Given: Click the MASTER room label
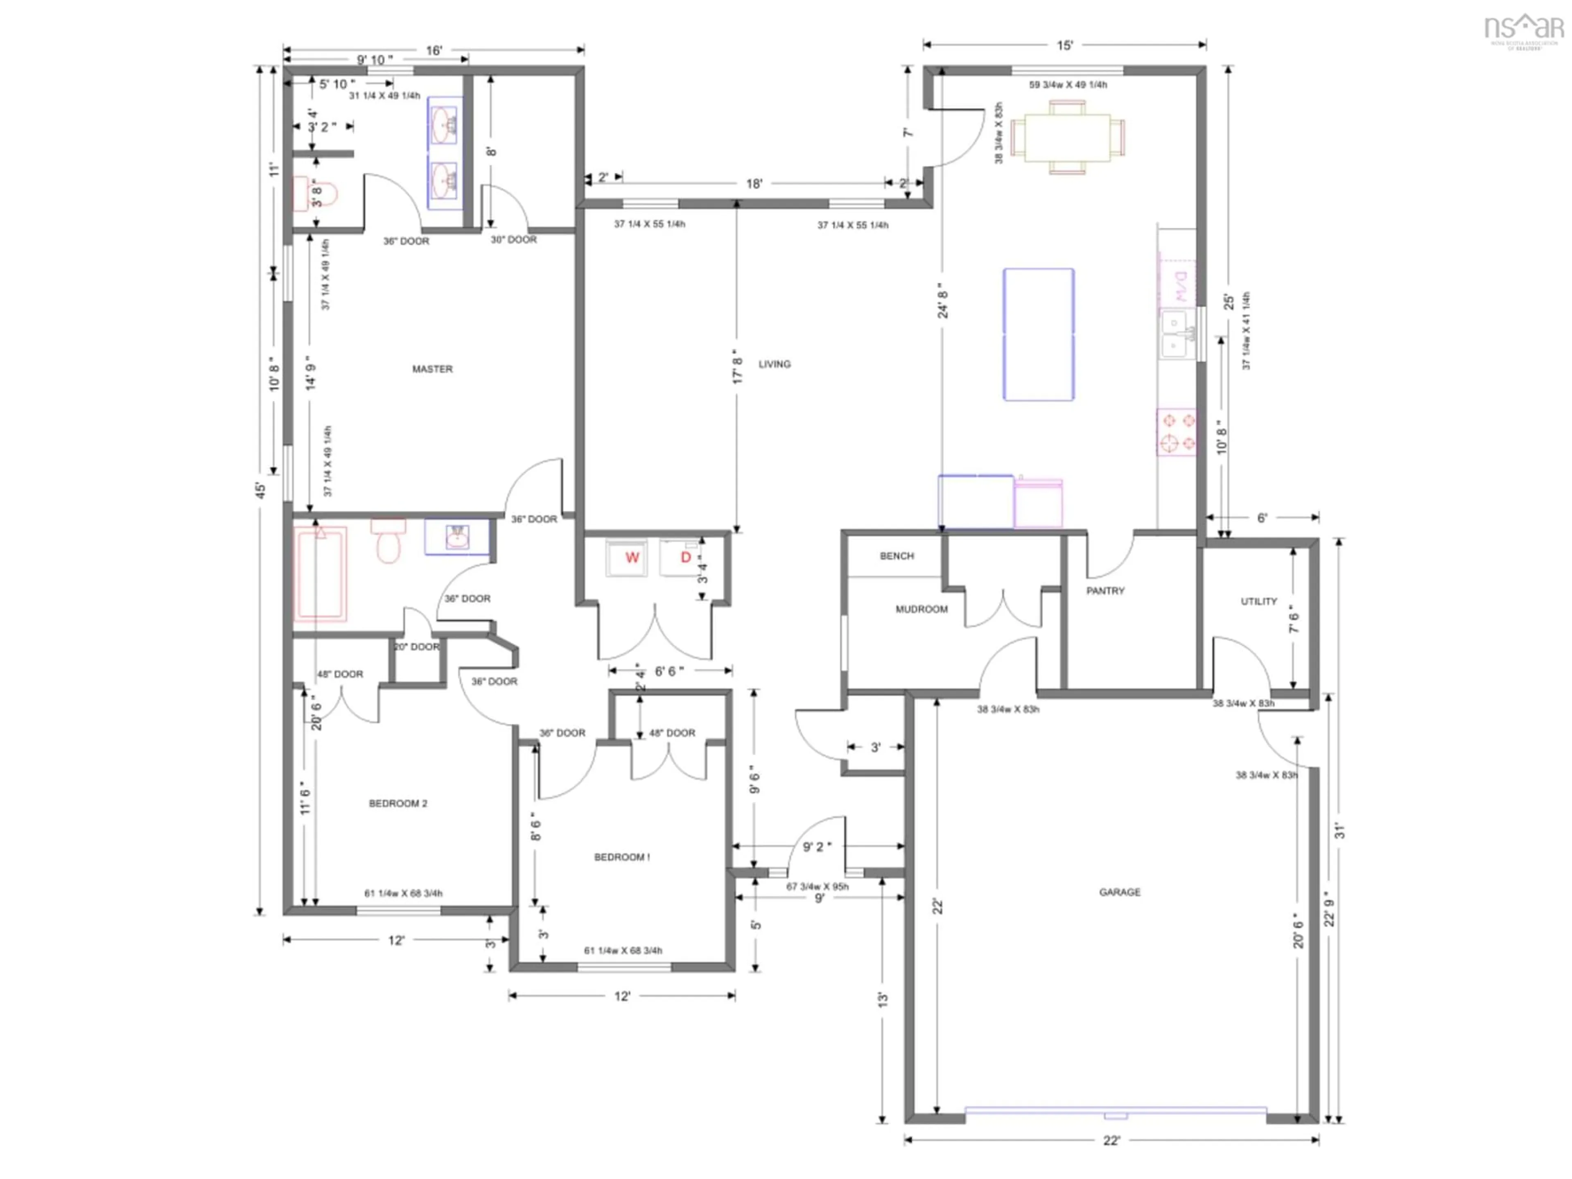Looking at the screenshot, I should click(x=432, y=369).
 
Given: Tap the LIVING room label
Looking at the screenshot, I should click(x=774, y=364).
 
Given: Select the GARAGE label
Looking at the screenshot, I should click(x=1119, y=892).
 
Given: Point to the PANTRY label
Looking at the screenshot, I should click(x=1105, y=591).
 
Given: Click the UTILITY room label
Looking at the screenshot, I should click(x=1258, y=601).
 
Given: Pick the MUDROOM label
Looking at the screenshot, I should click(x=921, y=609).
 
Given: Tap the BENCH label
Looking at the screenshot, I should click(x=897, y=556).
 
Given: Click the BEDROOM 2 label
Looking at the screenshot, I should click(x=398, y=803).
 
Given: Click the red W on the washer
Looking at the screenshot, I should click(x=632, y=557).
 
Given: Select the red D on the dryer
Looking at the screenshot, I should click(x=686, y=557).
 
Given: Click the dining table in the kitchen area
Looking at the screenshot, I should click(x=1067, y=137).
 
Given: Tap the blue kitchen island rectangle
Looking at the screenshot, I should click(x=1038, y=334).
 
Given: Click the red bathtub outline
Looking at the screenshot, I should click(x=321, y=573).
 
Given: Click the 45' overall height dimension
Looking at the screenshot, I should click(x=261, y=490).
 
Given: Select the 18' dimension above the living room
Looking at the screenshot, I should click(x=754, y=183).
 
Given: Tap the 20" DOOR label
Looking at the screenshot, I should click(x=416, y=647).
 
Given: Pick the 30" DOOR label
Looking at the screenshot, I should click(x=513, y=239).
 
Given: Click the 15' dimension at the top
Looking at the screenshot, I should click(x=1064, y=45).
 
